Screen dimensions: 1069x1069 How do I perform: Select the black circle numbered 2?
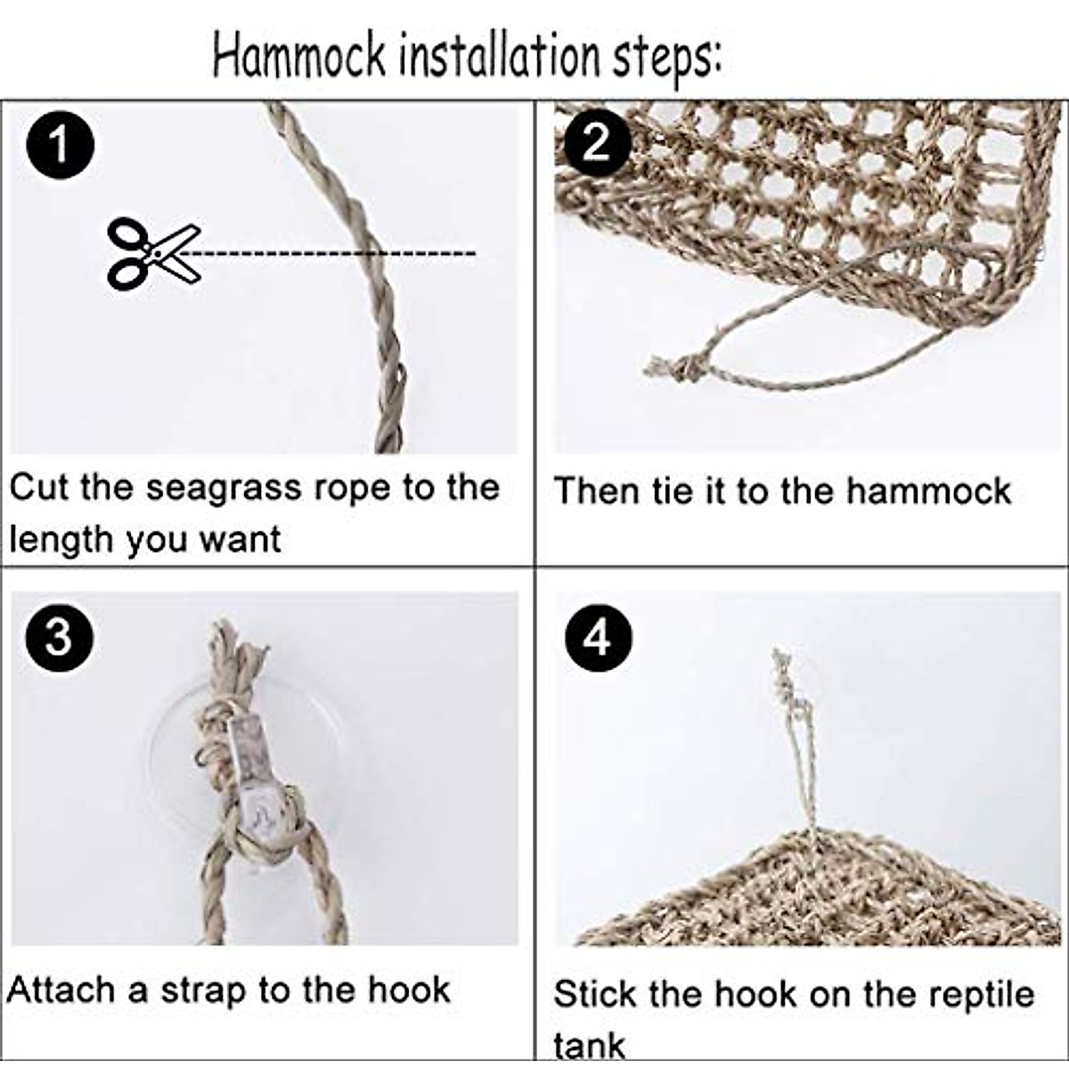595,143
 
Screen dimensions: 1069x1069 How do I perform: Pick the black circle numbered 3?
59,638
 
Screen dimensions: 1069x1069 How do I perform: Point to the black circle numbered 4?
596,638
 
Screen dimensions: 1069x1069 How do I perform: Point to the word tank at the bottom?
589,1045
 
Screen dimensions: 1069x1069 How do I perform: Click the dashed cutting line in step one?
339,254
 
